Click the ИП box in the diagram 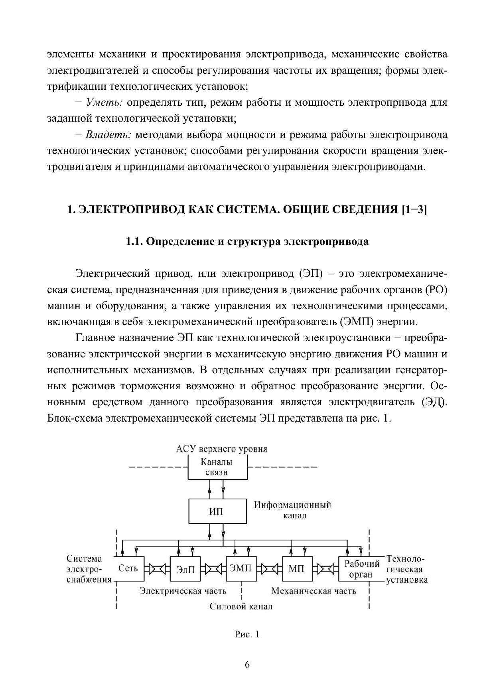[x=216, y=511]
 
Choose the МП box [x=296, y=569]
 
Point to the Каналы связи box [x=217, y=467]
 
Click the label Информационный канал [x=292, y=510]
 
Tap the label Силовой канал [x=241, y=607]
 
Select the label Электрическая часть [x=183, y=591]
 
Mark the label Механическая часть [x=314, y=591]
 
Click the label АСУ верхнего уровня [x=222, y=449]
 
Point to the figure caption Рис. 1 [x=247, y=634]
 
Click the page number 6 [x=247, y=665]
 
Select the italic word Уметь [x=104, y=103]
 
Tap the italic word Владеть [x=108, y=135]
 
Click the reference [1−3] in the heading [x=414, y=209]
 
